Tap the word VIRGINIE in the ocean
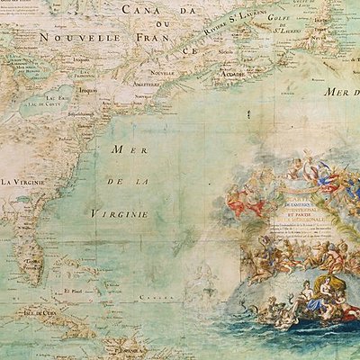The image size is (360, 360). (121, 214)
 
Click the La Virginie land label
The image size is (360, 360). (22, 182)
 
